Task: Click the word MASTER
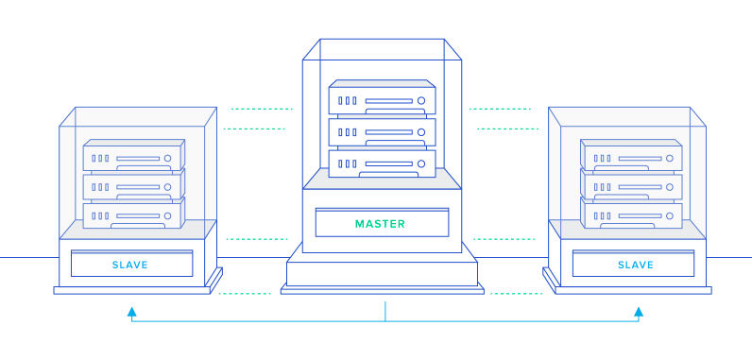click(x=380, y=224)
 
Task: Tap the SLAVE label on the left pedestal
click(x=130, y=266)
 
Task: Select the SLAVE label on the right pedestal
click(x=636, y=266)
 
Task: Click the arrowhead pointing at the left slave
click(x=132, y=312)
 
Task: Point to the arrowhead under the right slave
click(x=639, y=312)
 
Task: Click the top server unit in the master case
click(x=383, y=97)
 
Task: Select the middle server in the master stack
click(x=383, y=132)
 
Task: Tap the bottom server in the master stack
click(x=383, y=163)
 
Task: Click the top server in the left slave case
click(x=134, y=155)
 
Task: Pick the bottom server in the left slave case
click(x=134, y=214)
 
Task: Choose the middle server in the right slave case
click(x=631, y=184)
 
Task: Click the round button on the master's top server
click(x=421, y=101)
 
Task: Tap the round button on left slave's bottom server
click(x=167, y=216)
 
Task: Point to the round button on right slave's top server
click(x=670, y=158)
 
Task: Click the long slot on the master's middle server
click(x=389, y=132)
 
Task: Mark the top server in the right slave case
click(x=631, y=155)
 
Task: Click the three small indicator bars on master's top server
click(x=348, y=101)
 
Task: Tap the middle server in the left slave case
click(x=134, y=184)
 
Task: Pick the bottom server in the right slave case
click(x=631, y=214)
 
